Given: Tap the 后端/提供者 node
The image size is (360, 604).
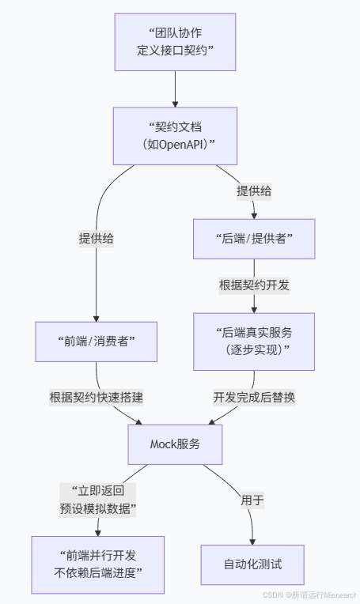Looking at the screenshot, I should coord(253,237).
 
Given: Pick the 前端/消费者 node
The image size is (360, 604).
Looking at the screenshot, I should coord(96,341).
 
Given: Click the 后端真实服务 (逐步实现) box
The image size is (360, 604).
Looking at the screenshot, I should coord(253,341).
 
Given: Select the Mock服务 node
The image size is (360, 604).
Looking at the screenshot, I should coord(175,444).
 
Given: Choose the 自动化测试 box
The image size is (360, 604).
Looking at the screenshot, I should coord(252,564).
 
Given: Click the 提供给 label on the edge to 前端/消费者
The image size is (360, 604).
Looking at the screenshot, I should coord(96,238).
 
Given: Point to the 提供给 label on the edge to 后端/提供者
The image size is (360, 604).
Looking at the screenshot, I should coord(253,191).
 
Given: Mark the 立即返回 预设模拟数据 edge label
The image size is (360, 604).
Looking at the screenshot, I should coord(97,499).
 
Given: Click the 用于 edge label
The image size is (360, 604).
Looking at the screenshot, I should coord(252,500).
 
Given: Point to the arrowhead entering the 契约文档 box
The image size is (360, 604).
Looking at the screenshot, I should coord(175,103).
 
